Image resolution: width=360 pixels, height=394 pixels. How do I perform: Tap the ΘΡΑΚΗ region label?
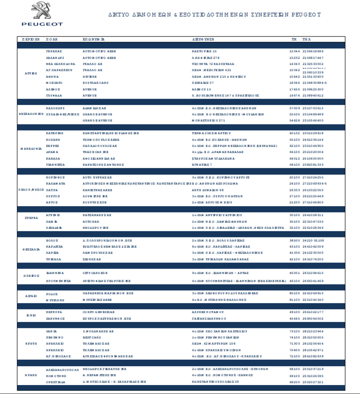[31, 375]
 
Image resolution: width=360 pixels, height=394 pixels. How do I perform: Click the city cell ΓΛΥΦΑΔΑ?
[54, 96]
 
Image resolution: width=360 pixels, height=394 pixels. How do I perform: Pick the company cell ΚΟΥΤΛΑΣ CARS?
[95, 83]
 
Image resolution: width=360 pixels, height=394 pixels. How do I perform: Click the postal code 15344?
[294, 51]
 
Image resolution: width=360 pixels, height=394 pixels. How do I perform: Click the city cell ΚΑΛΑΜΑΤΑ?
[56, 184]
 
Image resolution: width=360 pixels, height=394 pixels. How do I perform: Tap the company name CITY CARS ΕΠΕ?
[95, 273]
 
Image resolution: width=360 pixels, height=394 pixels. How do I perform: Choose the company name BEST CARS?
[92, 337]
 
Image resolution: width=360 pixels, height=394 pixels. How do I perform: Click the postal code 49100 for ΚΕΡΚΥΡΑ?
[294, 311]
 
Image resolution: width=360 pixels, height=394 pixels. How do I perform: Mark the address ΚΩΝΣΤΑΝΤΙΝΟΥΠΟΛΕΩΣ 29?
[216, 381]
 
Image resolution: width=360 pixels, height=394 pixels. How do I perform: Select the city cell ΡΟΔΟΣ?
[52, 293]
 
